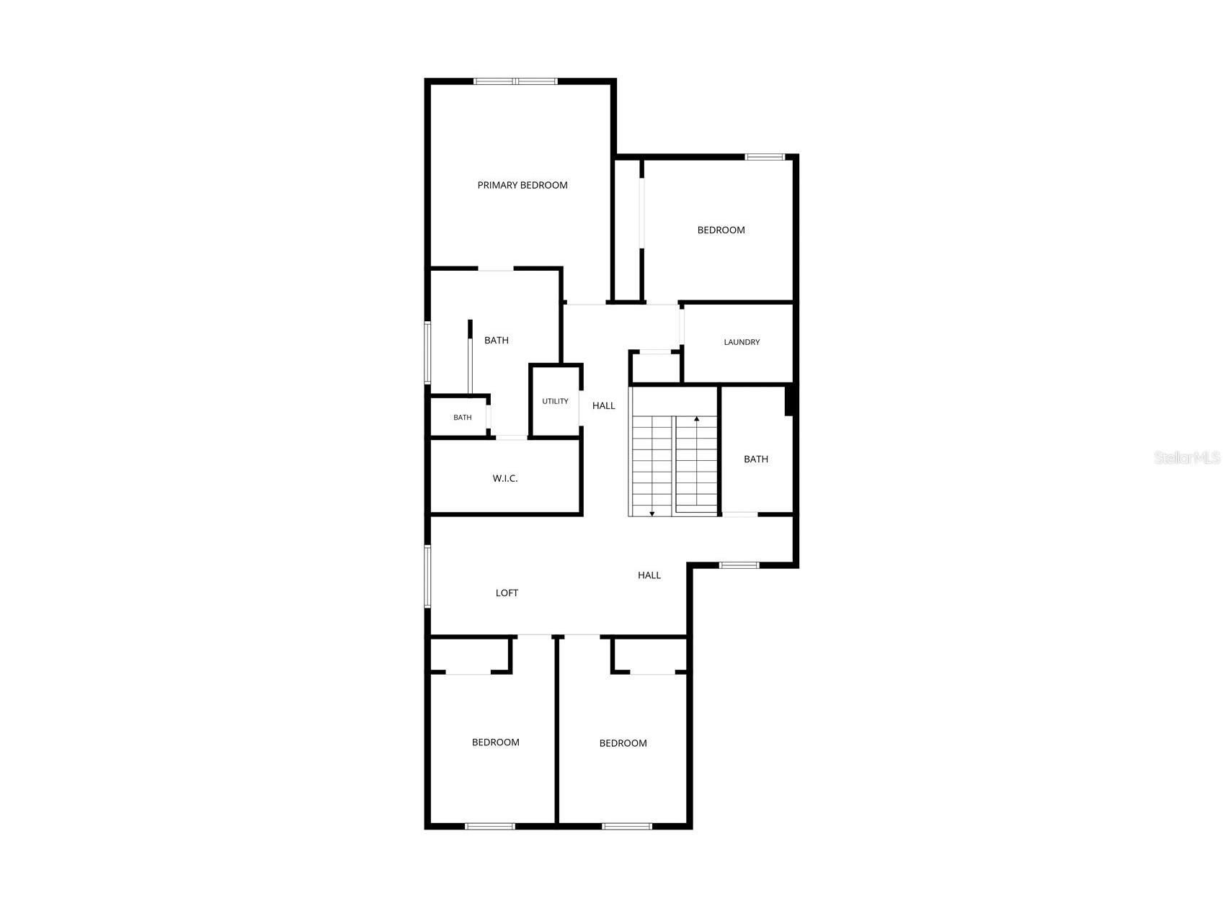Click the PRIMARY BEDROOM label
522,185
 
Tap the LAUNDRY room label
742,342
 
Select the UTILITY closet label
555,401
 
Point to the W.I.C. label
505,478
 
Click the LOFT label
507,593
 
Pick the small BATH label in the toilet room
463,418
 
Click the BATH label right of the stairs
756,459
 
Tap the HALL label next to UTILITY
604,405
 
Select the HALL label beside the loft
649,575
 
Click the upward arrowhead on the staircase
696,418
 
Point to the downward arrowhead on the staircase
652,513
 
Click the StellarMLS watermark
1187,457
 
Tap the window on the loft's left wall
427,577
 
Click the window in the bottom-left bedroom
490,826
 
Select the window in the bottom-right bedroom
627,826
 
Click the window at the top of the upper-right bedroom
765,156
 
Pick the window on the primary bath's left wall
427,353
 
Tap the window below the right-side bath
740,565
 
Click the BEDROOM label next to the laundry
721,230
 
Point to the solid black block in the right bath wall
789,400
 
